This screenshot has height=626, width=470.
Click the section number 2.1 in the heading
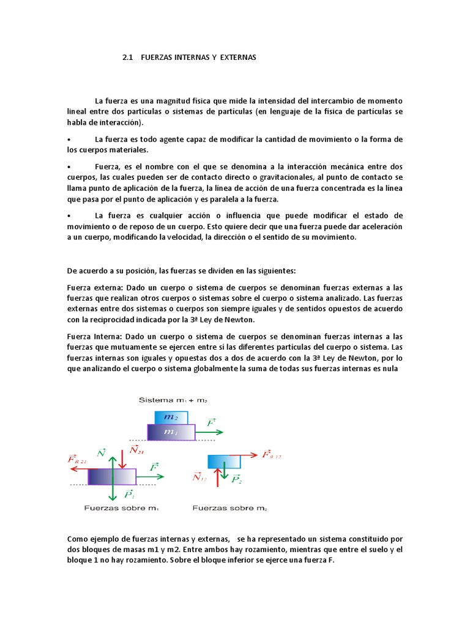pyautogui.click(x=127, y=57)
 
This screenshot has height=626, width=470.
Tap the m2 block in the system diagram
pyautogui.click(x=166, y=417)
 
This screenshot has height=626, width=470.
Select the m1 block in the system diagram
pyautogui.click(x=171, y=432)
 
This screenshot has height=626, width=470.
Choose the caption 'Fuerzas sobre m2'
pyautogui.click(x=229, y=508)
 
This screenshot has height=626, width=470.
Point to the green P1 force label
pyautogui.click(x=129, y=494)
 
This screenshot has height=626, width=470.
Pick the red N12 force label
pyautogui.click(x=199, y=477)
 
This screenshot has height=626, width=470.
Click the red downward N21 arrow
pyautogui.click(x=124, y=457)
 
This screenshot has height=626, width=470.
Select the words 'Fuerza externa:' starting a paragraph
pyautogui.click(x=92, y=287)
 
